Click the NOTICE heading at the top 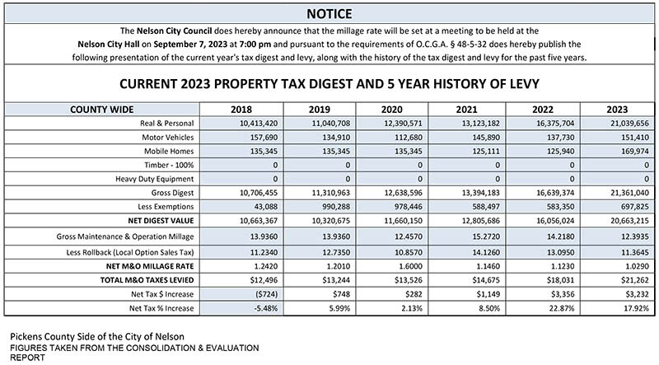(329, 14)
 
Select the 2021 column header (466, 110)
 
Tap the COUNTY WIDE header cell (101, 110)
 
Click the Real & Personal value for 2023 (629, 124)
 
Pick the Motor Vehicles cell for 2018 (264, 138)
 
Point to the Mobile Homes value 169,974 (635, 152)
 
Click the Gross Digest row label (172, 193)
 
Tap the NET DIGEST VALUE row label (161, 221)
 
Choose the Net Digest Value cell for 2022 (554, 221)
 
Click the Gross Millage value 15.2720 (486, 236)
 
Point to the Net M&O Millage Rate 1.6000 (410, 266)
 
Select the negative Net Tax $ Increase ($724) (266, 294)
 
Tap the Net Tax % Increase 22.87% (562, 308)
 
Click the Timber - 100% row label (169, 166)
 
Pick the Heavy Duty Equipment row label (155, 179)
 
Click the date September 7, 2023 (190, 44)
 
